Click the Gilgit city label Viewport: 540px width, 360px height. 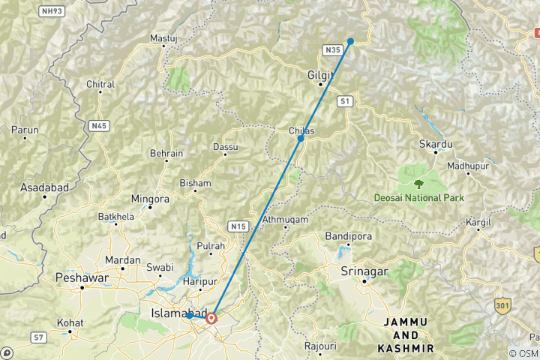point(319,75)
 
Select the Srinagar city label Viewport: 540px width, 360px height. point(363,270)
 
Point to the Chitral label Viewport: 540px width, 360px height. point(100,85)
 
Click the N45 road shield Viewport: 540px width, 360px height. point(99,125)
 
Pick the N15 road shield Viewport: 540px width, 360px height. point(238,226)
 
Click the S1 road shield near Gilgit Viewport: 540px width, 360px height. point(345,100)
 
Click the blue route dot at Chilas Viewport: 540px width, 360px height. point(301,139)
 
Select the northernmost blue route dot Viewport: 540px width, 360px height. point(351,41)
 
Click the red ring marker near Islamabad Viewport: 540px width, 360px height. point(212,318)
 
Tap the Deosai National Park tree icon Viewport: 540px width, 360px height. point(418,182)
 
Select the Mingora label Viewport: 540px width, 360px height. point(150,199)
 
